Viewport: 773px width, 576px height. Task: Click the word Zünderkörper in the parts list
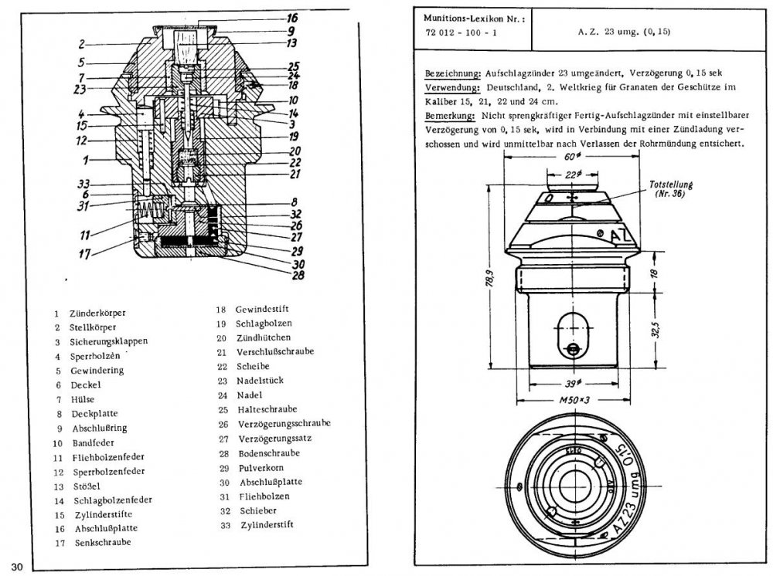click(97, 313)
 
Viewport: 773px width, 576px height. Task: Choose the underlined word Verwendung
click(450, 87)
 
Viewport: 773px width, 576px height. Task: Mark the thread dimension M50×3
click(572, 402)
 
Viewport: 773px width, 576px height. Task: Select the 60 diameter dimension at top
click(571, 158)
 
